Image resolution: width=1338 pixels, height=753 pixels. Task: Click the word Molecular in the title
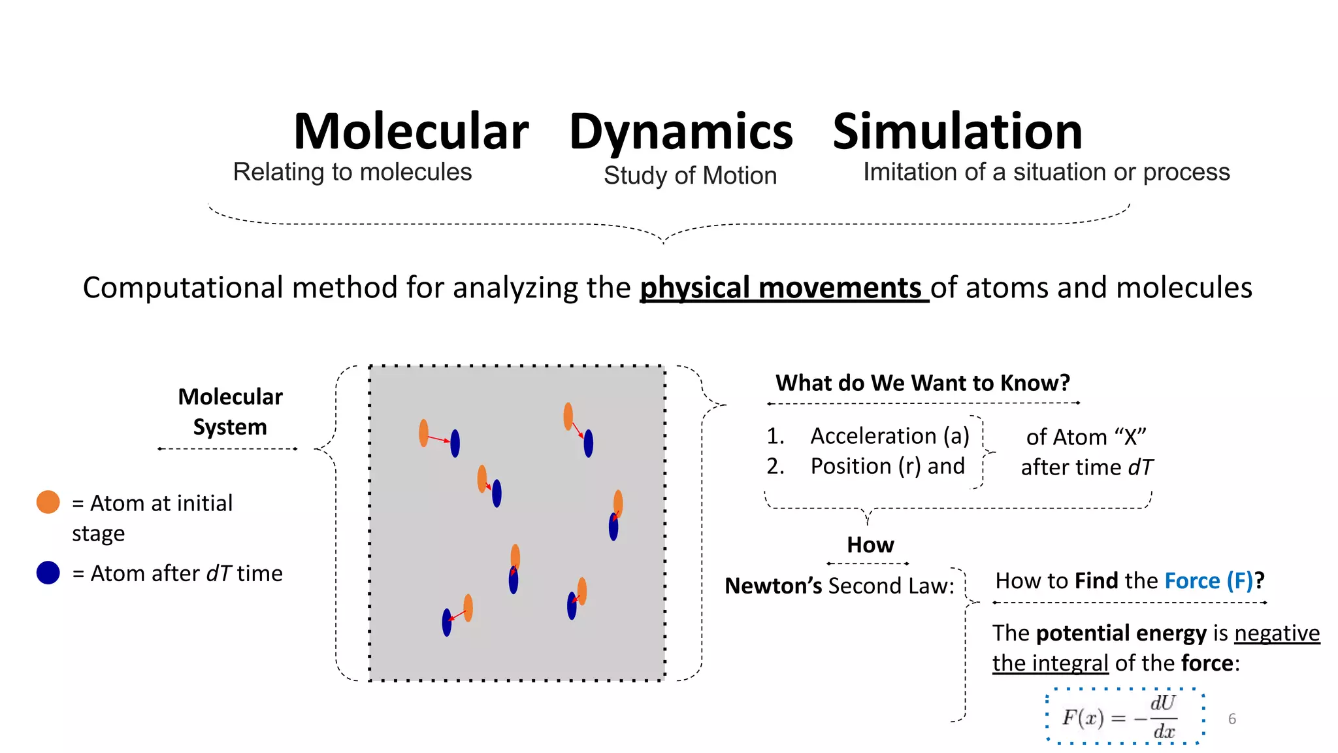pyautogui.click(x=411, y=132)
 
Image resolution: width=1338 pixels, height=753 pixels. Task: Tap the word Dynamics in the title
pyautogui.click(x=681, y=133)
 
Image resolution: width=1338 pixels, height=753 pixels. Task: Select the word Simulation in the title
pyautogui.click(x=957, y=132)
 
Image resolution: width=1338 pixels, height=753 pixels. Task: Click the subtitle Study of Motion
pyautogui.click(x=690, y=176)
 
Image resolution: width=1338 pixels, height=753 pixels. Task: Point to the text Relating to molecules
pyautogui.click(x=352, y=173)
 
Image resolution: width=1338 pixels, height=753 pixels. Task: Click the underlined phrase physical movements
pyautogui.click(x=783, y=288)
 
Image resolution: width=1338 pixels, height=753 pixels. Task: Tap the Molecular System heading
pyautogui.click(x=230, y=412)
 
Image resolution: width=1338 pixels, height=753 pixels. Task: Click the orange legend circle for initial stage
pyautogui.click(x=48, y=502)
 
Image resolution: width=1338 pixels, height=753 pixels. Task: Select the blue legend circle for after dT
pyautogui.click(x=48, y=573)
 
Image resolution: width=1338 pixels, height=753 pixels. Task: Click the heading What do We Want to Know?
pyautogui.click(x=922, y=382)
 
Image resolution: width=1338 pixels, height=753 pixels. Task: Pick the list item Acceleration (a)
pyautogui.click(x=889, y=436)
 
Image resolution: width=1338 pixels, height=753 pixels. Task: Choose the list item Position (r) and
pyautogui.click(x=887, y=466)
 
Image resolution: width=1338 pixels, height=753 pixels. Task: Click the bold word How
pyautogui.click(x=870, y=545)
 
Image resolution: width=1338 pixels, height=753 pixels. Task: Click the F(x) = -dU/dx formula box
pyautogui.click(x=1124, y=716)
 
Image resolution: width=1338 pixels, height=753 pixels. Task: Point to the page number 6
pyautogui.click(x=1232, y=719)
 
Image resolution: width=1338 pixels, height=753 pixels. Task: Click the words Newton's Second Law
pyautogui.click(x=839, y=586)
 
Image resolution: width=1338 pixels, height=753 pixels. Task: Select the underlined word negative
pyautogui.click(x=1277, y=633)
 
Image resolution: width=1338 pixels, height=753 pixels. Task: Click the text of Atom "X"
pyautogui.click(x=1086, y=437)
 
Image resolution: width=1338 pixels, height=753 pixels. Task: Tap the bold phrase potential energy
pyautogui.click(x=1121, y=633)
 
